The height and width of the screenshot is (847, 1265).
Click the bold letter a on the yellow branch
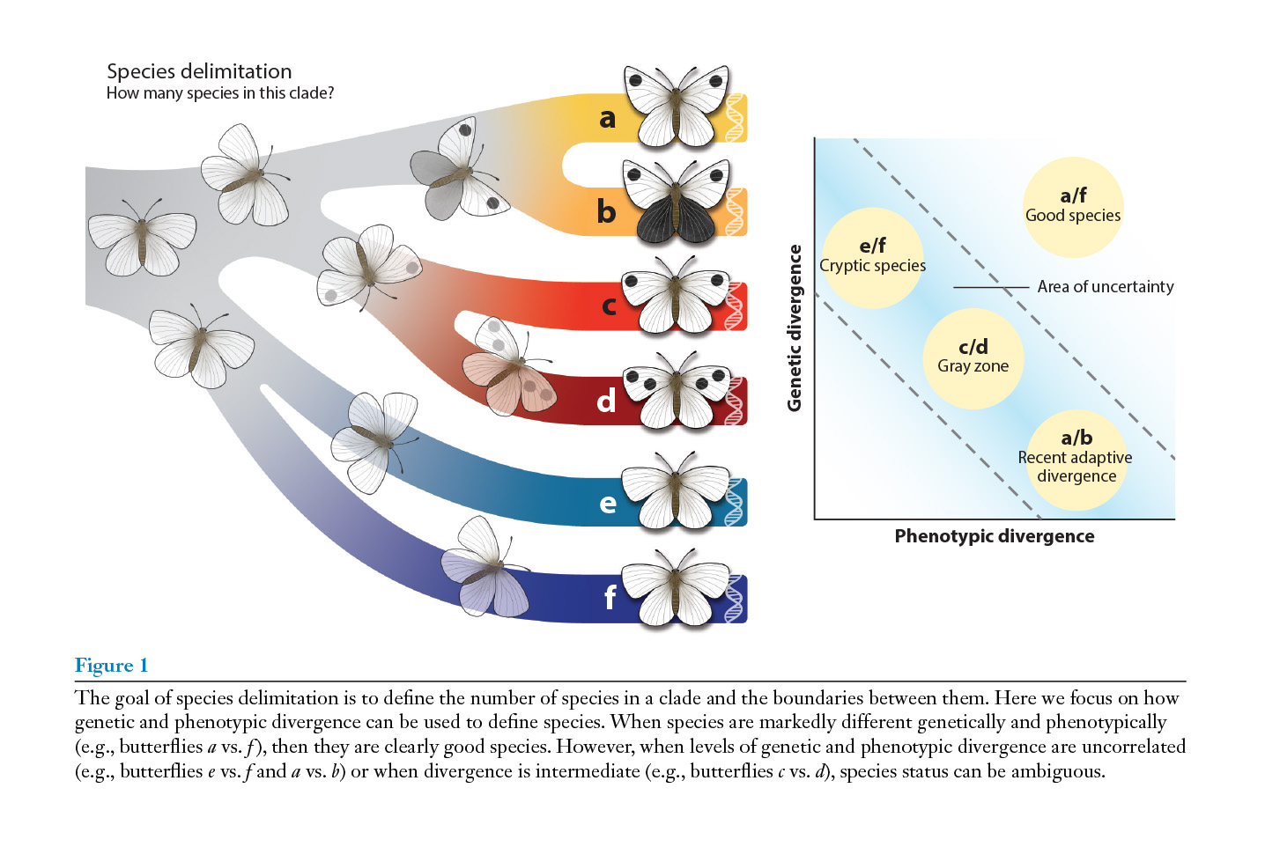pyautogui.click(x=607, y=118)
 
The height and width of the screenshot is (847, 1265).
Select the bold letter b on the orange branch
pyautogui.click(x=606, y=211)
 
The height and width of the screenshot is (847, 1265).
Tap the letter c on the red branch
pyautogui.click(x=609, y=306)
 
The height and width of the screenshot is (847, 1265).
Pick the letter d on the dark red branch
pyautogui.click(x=606, y=401)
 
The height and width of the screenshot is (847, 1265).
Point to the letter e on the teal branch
pyautogui.click(x=608, y=503)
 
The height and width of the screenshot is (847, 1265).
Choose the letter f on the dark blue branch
pyautogui.click(x=610, y=597)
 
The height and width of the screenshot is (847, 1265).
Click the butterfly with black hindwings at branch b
pyautogui.click(x=676, y=203)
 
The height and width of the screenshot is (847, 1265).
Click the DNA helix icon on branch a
pyautogui.click(x=735, y=118)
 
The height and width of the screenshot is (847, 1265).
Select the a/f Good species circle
pyautogui.click(x=1073, y=207)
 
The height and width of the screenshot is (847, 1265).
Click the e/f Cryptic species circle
pyautogui.click(x=872, y=257)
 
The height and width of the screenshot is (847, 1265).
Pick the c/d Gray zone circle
pyautogui.click(x=973, y=357)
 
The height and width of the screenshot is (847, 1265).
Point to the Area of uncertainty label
pyautogui.click(x=1105, y=287)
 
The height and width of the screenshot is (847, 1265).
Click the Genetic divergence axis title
pyautogui.click(x=795, y=328)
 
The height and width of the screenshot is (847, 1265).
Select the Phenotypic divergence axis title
pyautogui.click(x=995, y=536)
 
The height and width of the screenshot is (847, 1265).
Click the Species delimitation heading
pyautogui.click(x=199, y=71)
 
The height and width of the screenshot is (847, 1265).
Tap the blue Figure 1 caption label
pyautogui.click(x=111, y=666)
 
